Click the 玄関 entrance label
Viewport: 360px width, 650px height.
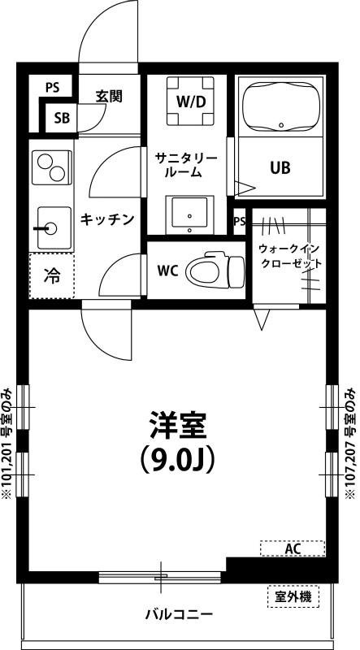click(108, 95)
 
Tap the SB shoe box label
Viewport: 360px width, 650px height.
click(62, 118)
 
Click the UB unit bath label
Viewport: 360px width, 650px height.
click(280, 168)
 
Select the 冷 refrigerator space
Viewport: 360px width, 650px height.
click(51, 276)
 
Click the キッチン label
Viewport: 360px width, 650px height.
click(106, 219)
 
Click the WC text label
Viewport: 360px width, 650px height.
click(167, 269)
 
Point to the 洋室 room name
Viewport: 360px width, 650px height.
click(178, 425)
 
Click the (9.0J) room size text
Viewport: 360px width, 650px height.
click(177, 460)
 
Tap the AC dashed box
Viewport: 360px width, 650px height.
click(293, 549)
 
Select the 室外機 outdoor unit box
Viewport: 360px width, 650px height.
click(293, 597)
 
